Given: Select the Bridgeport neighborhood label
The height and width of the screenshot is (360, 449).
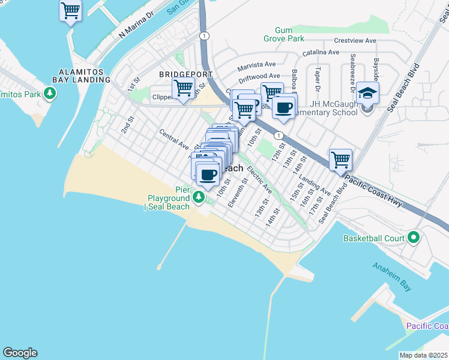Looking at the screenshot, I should (185, 74).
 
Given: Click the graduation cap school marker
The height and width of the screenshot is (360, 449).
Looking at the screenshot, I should (367, 94).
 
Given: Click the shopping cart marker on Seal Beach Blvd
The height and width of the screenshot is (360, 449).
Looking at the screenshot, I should (340, 160).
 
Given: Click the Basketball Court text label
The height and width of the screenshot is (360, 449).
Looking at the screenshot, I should (373, 238).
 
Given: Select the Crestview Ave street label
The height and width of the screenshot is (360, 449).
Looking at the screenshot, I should (355, 41).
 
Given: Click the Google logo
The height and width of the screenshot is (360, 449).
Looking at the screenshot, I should (20, 353).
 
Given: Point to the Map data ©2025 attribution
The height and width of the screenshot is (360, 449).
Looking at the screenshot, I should (423, 355).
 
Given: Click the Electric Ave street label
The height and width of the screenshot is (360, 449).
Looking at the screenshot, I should (259, 180).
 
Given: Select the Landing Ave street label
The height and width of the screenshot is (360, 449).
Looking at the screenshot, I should (315, 185).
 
